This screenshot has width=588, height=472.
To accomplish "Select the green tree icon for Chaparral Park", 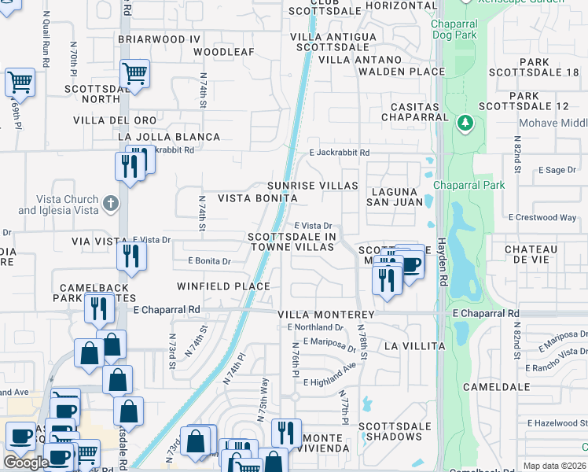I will point(465,123).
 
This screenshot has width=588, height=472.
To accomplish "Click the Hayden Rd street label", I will point(443,263).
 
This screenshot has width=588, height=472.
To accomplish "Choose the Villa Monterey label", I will point(326,314).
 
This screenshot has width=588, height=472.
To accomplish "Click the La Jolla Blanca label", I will point(169,137).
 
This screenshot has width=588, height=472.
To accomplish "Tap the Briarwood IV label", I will point(160,39).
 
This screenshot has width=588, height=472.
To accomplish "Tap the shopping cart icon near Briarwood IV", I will point(135,73).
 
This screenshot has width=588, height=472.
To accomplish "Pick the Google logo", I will point(25,463).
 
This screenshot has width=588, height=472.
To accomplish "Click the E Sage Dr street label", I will point(557,170).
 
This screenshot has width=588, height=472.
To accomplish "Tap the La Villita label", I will point(414,346).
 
